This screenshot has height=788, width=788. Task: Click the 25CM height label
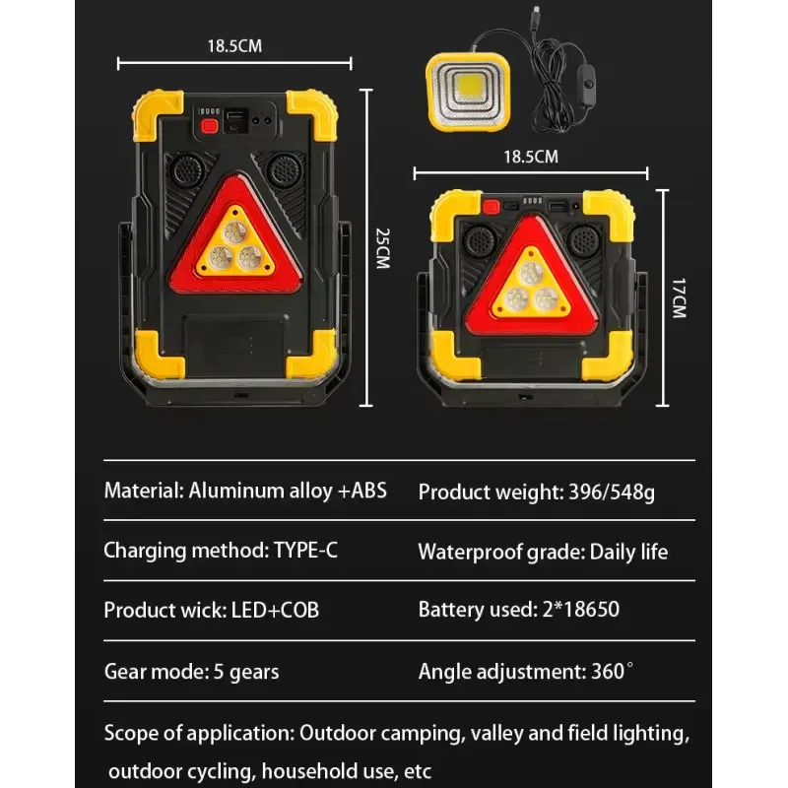383,248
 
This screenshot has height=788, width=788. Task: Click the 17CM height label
679,298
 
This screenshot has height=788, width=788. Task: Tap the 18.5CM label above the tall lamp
234,46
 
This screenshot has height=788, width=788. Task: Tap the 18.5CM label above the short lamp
531,157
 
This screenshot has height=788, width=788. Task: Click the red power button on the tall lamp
209,126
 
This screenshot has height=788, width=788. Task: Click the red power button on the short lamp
491,207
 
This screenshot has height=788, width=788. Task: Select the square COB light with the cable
469,92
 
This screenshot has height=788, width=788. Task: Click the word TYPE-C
305,551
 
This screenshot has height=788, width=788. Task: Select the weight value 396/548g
612,492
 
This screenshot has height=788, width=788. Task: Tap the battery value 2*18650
581,610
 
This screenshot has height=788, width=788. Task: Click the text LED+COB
275,610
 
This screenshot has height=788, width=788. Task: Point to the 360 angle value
612,672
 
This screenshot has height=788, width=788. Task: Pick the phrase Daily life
628,552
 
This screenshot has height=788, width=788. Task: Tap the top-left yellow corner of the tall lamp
157,114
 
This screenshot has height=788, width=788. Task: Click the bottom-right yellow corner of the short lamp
607,356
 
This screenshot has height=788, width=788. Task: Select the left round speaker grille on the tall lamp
185,169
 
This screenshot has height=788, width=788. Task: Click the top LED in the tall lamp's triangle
234,232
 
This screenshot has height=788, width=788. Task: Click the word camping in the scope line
421,734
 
